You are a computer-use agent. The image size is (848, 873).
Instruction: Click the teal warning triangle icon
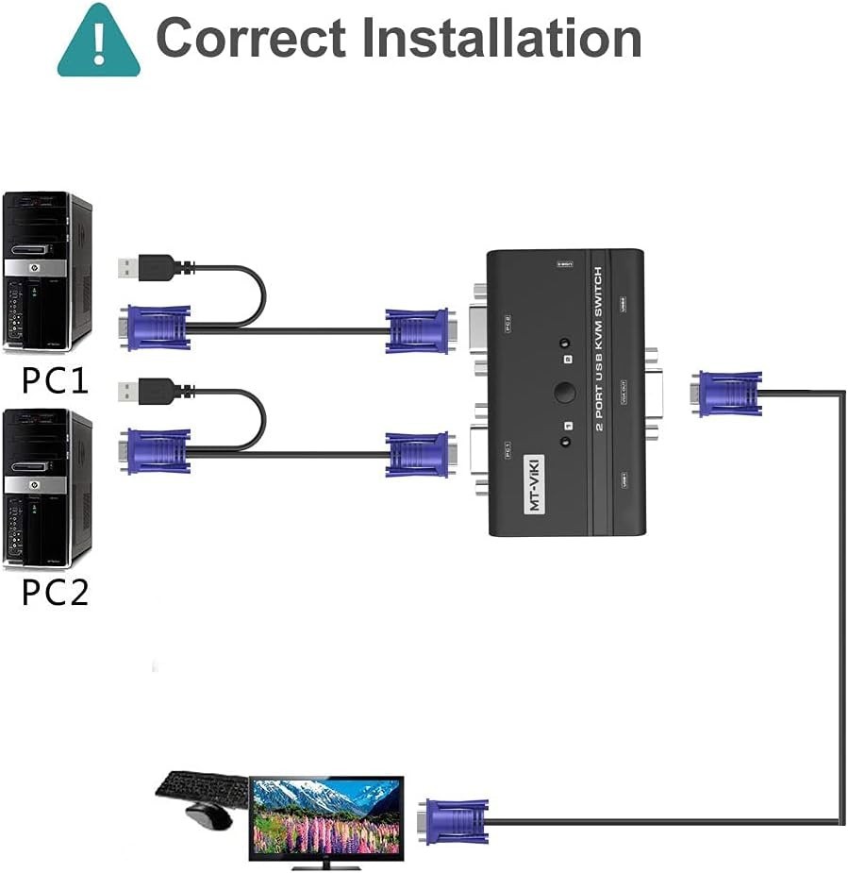98,42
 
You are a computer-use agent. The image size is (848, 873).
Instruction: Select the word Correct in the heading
251,38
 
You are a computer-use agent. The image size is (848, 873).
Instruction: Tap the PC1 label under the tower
55,380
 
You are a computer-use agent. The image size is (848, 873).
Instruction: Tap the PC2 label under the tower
55,593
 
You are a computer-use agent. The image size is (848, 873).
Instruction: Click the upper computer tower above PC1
47,272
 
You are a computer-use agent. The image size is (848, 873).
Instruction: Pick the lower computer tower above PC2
47,489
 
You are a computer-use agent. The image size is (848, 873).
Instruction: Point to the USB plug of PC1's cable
146,267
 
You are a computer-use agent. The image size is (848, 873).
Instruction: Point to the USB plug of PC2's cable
146,390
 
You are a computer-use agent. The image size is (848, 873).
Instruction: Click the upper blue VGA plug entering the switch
418,330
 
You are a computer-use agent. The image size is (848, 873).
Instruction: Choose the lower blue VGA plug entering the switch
418,454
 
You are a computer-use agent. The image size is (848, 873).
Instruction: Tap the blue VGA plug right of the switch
727,394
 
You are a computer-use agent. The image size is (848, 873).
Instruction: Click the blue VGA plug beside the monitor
457,821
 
